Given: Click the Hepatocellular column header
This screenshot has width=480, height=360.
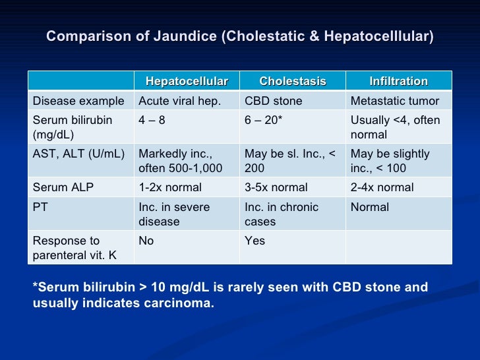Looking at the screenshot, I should [x=187, y=81].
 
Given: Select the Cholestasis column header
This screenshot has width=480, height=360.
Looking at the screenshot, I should [x=293, y=81].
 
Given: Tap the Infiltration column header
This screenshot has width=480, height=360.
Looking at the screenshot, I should [x=398, y=81].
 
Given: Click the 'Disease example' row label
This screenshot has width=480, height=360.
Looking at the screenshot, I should [x=78, y=101].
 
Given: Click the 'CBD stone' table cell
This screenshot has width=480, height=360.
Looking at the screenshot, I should [x=274, y=101].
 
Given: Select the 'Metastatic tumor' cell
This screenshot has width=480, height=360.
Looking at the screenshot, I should [x=394, y=101].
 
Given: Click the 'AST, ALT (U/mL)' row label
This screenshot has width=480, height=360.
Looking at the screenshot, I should [x=78, y=154].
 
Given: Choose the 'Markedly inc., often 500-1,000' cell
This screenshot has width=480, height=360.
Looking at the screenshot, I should [x=180, y=161].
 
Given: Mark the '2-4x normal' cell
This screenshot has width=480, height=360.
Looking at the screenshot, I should [x=382, y=187].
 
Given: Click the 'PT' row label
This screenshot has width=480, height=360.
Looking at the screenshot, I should [x=40, y=207].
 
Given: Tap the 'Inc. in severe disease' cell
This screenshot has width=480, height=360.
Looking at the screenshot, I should [x=174, y=214].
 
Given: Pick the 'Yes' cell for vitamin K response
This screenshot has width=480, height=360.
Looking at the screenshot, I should [x=255, y=241].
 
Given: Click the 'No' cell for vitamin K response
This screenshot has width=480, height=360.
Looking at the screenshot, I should [x=146, y=241].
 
